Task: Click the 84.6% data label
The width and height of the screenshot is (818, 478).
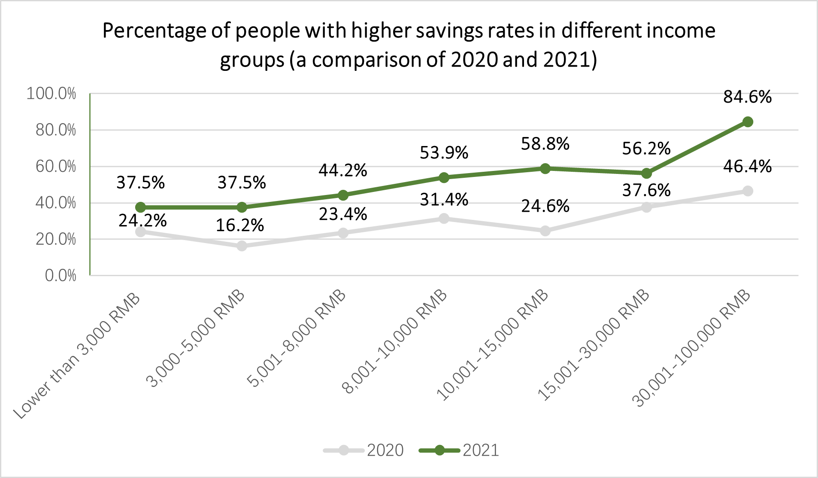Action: coord(747,97)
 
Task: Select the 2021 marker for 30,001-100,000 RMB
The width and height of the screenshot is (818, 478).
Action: coord(748,122)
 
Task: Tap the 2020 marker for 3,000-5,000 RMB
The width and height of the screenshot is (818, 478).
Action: coord(242,246)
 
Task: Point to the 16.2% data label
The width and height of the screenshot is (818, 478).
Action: coord(239,225)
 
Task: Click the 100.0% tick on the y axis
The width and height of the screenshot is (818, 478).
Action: coord(51,94)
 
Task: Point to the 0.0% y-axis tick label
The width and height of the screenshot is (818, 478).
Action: coord(61,276)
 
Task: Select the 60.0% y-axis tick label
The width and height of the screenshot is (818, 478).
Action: coord(55,167)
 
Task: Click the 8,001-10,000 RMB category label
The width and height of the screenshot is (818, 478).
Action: coord(395,341)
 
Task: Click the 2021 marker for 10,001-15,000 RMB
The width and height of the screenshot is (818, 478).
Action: coord(545,168)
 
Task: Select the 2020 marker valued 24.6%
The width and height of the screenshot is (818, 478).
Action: coord(545,231)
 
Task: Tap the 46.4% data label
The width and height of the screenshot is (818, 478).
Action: coord(747,167)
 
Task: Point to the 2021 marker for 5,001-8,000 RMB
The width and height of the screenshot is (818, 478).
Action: coord(343,195)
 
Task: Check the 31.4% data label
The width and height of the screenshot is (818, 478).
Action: coord(444,200)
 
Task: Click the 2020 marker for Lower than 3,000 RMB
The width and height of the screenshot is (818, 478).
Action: coord(140,232)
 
